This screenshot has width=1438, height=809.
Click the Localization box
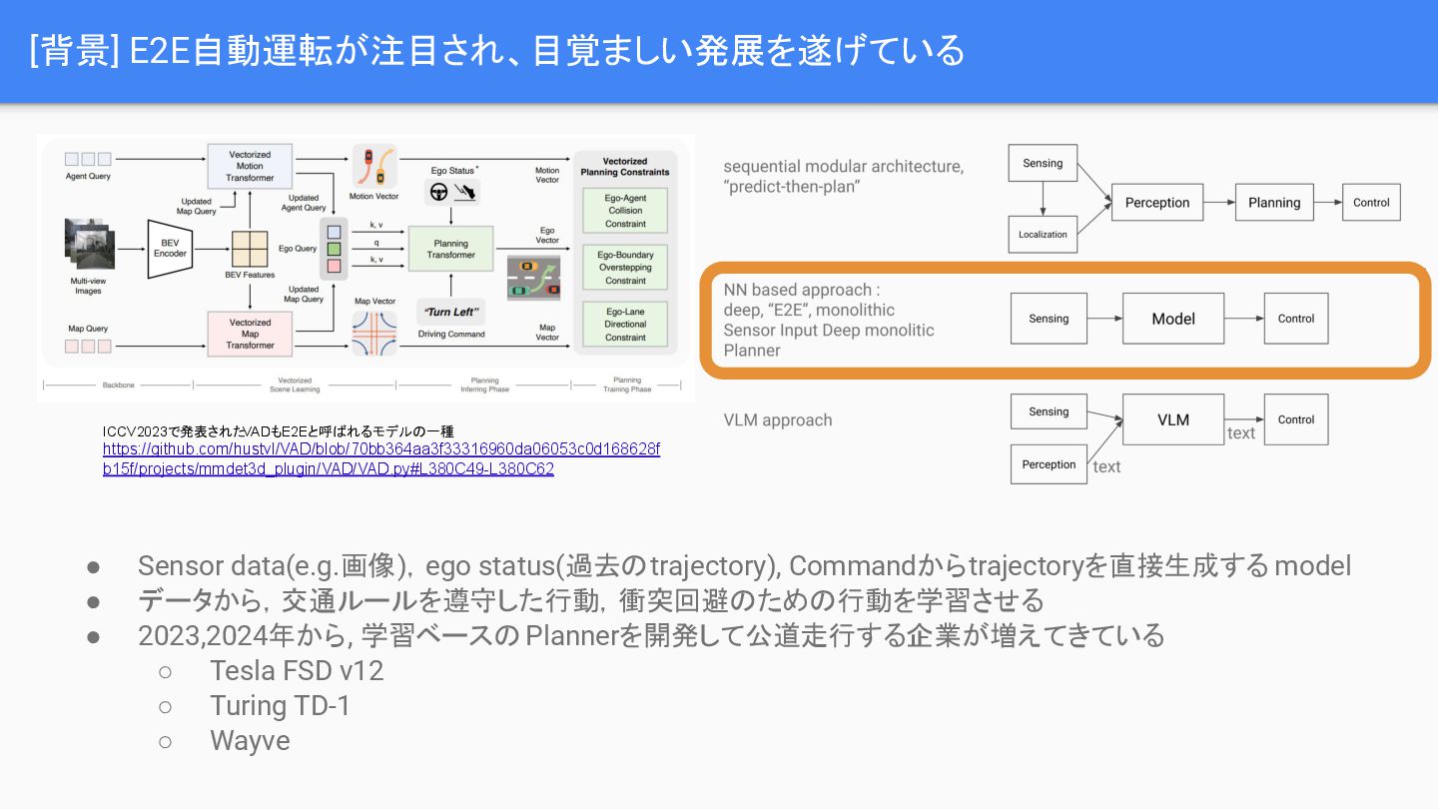[x=1043, y=235]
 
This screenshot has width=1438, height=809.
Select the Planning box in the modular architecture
[x=1274, y=203]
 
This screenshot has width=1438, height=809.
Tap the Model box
[x=1173, y=319]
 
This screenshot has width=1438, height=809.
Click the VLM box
[x=1173, y=419]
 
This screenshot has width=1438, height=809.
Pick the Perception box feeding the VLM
[x=1049, y=464]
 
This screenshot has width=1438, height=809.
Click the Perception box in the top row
[x=1156, y=203]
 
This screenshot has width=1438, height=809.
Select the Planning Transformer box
[x=451, y=249]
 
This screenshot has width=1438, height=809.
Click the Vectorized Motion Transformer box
[x=250, y=166]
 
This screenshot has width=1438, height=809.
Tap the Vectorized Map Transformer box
[x=250, y=335]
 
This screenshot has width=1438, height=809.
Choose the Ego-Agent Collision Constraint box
[x=626, y=211]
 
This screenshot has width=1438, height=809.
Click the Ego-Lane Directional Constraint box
[x=626, y=325]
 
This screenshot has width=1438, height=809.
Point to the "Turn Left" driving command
[x=451, y=312]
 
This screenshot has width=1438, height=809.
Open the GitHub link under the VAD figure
[x=380, y=459]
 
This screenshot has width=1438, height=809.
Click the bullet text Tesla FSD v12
[x=297, y=670]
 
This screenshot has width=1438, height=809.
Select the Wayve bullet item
[x=250, y=741]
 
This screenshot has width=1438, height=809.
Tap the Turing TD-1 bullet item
[x=280, y=706]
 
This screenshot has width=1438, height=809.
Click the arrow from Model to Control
[x=1243, y=319]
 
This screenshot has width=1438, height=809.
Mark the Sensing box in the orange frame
[x=1049, y=319]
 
